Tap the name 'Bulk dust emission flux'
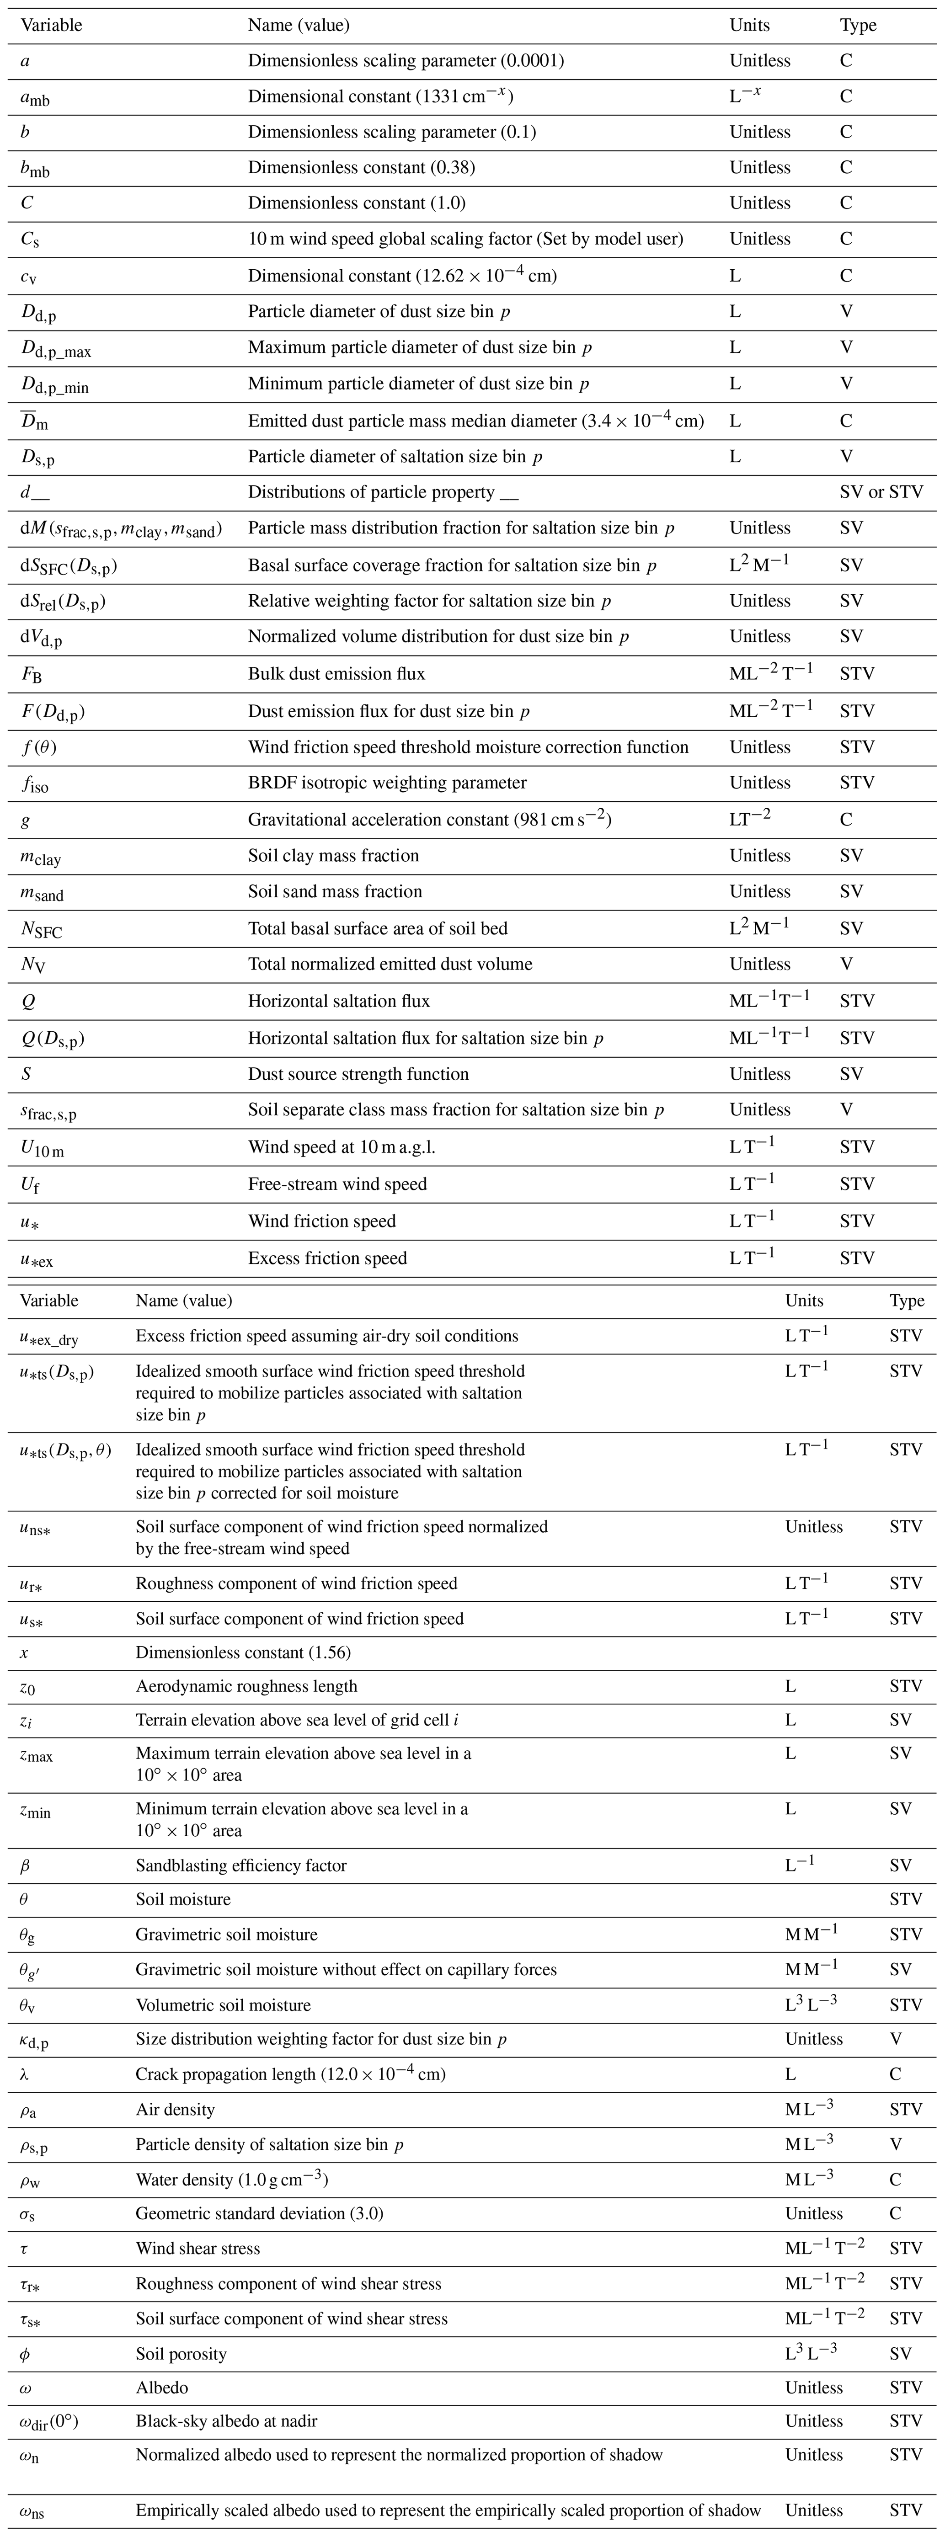pos(336,674)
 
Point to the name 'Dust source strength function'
pos(358,1073)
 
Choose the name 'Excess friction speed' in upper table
pos(327,1258)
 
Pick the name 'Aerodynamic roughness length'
pos(246,1686)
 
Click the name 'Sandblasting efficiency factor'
pos(241,1865)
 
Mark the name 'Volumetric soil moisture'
pos(223,2005)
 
